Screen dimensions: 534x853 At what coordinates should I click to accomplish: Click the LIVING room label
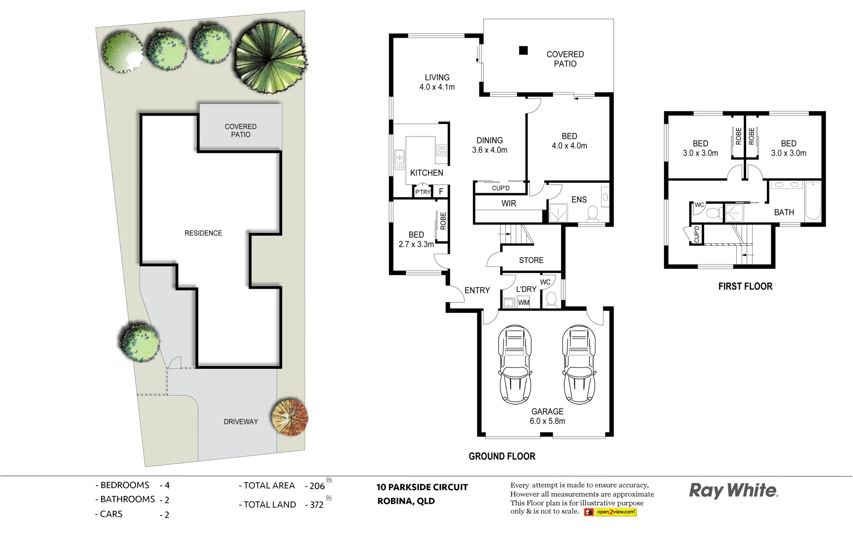[437, 78]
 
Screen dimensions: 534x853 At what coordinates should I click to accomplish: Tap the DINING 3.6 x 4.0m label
[489, 145]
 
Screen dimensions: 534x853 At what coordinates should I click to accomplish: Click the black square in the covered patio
[523, 50]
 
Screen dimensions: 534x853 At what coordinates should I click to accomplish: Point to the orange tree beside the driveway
[290, 417]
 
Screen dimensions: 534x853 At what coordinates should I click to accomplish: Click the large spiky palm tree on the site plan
[270, 58]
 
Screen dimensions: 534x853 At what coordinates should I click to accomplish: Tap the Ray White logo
[733, 491]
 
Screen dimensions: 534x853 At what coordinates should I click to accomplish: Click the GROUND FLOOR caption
[502, 456]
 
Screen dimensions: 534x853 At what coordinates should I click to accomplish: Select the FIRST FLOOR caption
[745, 286]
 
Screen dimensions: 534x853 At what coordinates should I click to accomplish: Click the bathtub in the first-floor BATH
[813, 201]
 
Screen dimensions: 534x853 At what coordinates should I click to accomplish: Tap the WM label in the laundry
[523, 303]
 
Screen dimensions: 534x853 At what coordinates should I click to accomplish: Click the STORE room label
[531, 260]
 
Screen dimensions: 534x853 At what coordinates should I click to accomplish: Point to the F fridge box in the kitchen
[441, 191]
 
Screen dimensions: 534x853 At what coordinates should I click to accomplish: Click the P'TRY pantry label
[423, 192]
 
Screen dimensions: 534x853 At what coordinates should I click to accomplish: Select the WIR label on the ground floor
[509, 203]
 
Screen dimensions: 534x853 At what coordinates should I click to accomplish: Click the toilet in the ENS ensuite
[592, 213]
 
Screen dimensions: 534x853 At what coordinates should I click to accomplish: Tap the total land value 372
[317, 505]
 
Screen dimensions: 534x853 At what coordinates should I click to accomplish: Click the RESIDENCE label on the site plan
[203, 233]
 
